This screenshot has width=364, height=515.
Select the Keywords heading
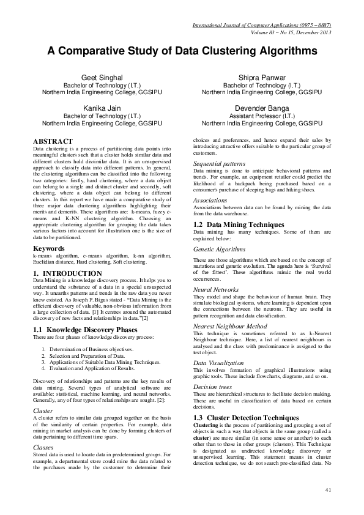(x=50, y=248)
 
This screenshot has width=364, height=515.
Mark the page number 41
(x=328, y=490)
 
